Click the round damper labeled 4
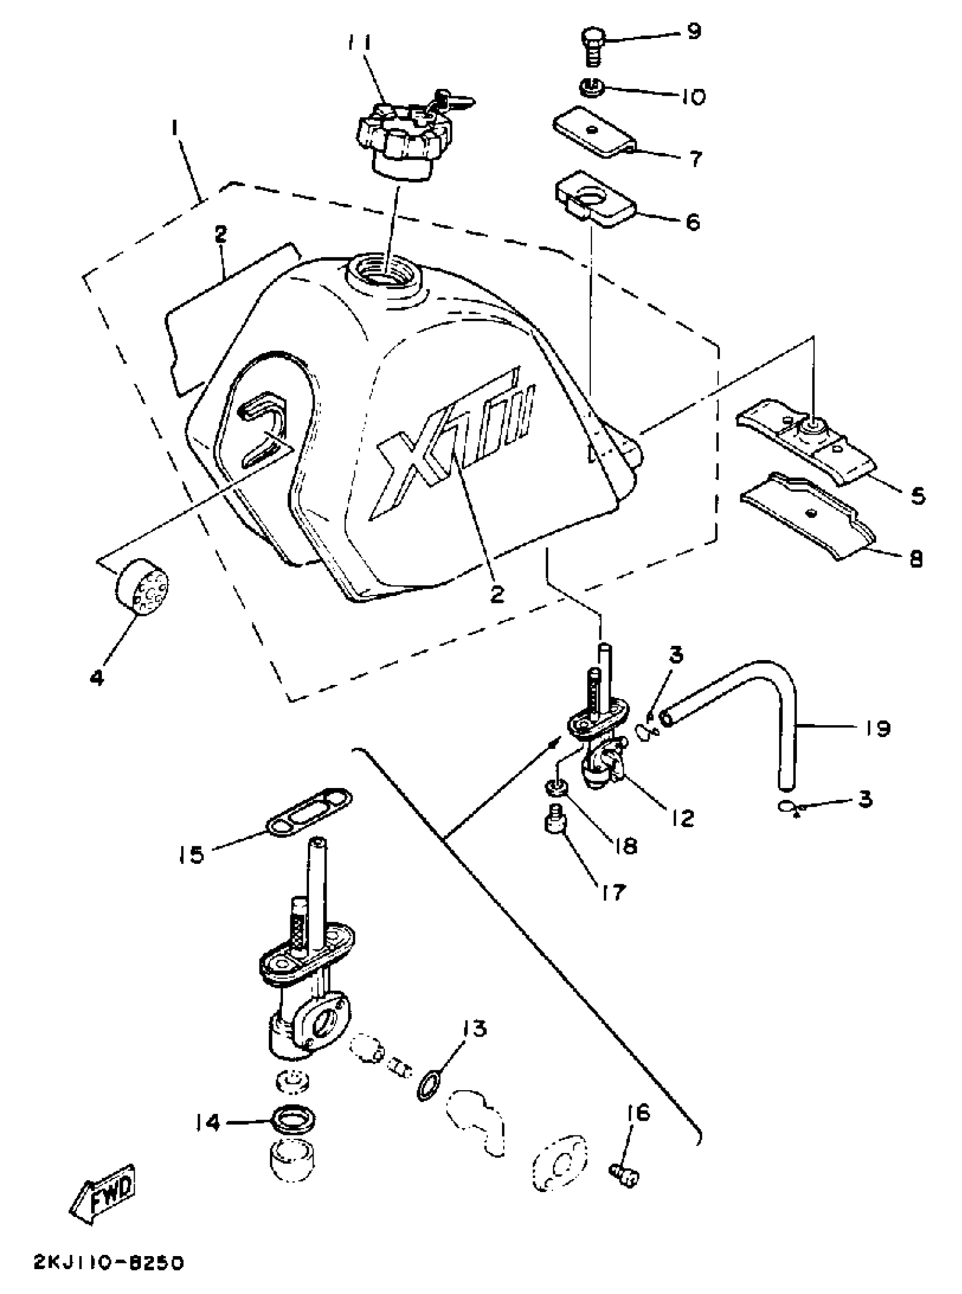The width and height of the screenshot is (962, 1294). pyautogui.click(x=142, y=588)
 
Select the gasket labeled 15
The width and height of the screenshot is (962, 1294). pyautogui.click(x=310, y=813)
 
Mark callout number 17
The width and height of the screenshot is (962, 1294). pyautogui.click(x=609, y=892)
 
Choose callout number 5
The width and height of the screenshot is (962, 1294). pyautogui.click(x=917, y=496)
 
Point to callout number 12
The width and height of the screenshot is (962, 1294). pyautogui.click(x=682, y=818)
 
